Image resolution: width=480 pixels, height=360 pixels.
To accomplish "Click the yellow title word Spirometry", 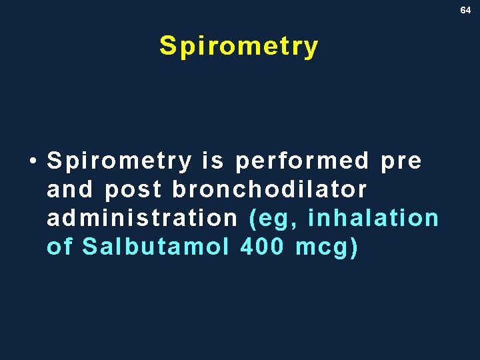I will (x=239, y=47).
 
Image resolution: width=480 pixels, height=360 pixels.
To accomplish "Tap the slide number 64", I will (x=465, y=10).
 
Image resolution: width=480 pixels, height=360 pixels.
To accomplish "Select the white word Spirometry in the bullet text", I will (x=119, y=161).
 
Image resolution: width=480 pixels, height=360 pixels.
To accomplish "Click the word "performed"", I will (x=302, y=161).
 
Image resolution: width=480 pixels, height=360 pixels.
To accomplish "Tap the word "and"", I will (x=70, y=190).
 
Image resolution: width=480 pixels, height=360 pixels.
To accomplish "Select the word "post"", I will (x=133, y=191).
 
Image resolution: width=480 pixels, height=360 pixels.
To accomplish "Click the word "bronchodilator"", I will (x=269, y=190).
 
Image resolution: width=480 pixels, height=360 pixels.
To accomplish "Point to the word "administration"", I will (x=142, y=218).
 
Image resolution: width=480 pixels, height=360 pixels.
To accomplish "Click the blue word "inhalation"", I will (x=373, y=218).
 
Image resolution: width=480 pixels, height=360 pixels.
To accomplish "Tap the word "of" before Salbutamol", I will (x=60, y=247).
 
